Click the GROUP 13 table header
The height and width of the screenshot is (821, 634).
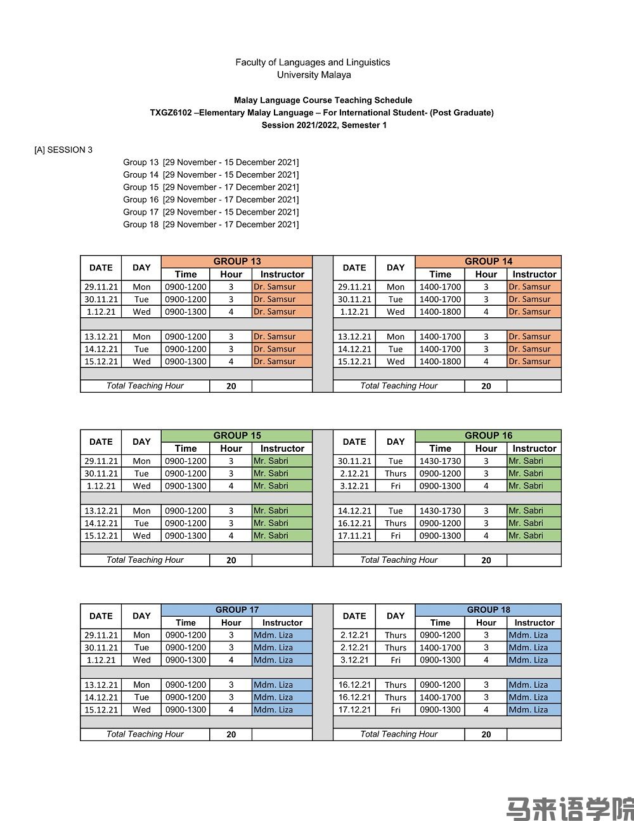236,261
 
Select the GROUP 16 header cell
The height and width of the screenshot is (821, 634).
488,436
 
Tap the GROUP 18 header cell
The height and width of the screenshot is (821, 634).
488,610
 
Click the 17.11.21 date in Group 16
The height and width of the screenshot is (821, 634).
354,535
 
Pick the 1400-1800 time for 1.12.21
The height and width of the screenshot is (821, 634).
440,312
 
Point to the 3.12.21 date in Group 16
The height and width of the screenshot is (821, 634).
354,486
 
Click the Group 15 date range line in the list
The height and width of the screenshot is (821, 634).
210,187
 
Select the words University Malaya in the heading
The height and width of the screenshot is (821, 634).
314,75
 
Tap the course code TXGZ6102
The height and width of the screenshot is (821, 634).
171,112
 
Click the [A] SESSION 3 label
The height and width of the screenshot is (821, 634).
63,150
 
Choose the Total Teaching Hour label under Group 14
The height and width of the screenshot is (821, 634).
399,386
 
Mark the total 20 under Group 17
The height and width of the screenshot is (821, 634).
231,734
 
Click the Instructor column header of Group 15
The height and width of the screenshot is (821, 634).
282,449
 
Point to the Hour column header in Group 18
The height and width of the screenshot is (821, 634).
486,623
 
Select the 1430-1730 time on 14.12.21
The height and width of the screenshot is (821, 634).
440,511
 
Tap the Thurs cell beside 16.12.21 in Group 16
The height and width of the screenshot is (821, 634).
396,523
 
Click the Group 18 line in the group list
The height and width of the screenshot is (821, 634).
210,225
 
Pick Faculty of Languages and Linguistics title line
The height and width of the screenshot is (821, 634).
313,62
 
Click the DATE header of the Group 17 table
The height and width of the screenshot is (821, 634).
101,616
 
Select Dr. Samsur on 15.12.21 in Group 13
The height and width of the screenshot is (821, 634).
275,362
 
